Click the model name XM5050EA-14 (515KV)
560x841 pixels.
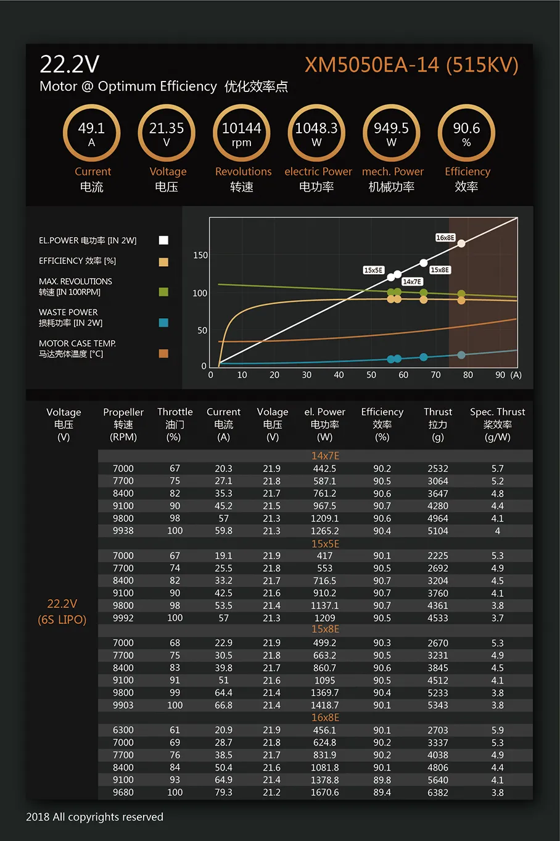pyautogui.click(x=411, y=65)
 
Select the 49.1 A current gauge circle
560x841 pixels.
pyautogui.click(x=91, y=133)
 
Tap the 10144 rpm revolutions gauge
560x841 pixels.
pyautogui.click(x=242, y=133)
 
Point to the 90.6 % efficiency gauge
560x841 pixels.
pyautogui.click(x=466, y=133)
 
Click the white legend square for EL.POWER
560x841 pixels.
pyautogui.click(x=163, y=240)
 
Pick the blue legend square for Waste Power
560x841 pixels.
pyautogui.click(x=163, y=322)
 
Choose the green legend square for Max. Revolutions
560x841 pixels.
pyautogui.click(x=163, y=291)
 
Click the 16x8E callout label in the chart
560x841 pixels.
pyautogui.click(x=445, y=238)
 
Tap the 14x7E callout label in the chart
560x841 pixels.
pyautogui.click(x=412, y=282)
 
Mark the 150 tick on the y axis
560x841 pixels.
pyautogui.click(x=200, y=255)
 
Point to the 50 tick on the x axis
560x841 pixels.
pyautogui.click(x=371, y=375)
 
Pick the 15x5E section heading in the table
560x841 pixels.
pyautogui.click(x=325, y=544)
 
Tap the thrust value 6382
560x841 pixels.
pyautogui.click(x=438, y=792)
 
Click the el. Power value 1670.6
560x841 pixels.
pyautogui.click(x=325, y=792)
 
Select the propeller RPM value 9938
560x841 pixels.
pyautogui.click(x=123, y=530)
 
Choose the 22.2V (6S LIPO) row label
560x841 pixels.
pyautogui.click(x=62, y=611)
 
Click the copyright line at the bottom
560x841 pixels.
pyautogui.click(x=95, y=817)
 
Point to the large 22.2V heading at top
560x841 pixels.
pyautogui.click(x=70, y=64)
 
